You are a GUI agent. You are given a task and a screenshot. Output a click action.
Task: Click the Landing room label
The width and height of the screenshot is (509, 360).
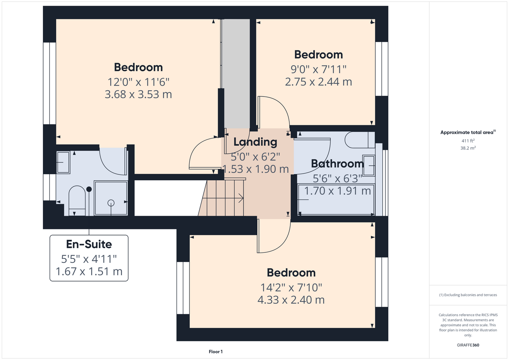tap(255, 143)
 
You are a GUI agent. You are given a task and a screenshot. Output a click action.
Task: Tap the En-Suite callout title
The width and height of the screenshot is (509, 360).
tap(89, 244)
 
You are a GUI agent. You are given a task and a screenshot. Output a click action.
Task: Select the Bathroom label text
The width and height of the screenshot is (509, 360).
tap(337, 163)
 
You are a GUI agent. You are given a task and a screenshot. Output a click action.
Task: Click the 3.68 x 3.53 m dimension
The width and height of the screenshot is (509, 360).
tap(138, 94)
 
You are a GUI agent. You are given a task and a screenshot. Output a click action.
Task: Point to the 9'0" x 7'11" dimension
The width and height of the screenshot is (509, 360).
tap(318, 69)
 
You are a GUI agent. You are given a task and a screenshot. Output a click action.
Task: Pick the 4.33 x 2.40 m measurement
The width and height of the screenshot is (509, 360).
tap(291, 300)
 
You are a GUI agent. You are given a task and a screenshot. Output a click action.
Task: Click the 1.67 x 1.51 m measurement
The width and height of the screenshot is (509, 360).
tap(89, 271)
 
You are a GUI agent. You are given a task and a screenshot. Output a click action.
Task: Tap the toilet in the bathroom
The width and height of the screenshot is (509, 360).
tap(360, 140)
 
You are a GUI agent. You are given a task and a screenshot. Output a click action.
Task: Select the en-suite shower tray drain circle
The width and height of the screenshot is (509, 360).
tap(111, 203)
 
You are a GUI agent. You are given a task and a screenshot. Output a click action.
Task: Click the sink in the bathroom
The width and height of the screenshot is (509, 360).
tap(369, 166)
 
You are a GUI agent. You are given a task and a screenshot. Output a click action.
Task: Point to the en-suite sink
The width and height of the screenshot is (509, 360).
tap(63, 162)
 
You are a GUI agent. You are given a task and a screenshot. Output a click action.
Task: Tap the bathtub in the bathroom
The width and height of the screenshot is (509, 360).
tap(336, 200)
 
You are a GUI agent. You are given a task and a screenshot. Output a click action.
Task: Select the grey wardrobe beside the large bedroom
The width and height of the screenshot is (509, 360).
tap(236, 74)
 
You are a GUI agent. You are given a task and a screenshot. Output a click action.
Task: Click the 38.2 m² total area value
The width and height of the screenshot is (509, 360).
tap(468, 148)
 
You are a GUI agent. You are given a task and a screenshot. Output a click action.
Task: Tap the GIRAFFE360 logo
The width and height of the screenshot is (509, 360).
tap(468, 345)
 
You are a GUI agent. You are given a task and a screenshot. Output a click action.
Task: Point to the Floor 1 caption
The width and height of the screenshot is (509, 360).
tap(216, 352)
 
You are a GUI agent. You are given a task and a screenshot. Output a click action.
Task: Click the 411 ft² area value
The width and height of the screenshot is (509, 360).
tap(468, 141)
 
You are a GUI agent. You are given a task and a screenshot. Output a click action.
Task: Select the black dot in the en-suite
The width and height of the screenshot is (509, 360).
tap(89, 189)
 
